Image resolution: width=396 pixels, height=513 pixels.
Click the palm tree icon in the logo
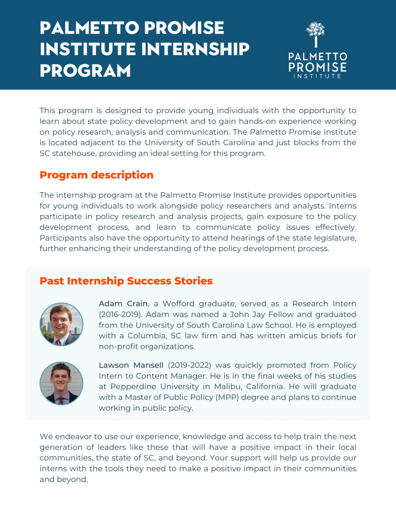pos(315,34)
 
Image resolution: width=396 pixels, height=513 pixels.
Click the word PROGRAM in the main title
pos(85,70)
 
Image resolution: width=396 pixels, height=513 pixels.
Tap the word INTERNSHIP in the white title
pos(196,49)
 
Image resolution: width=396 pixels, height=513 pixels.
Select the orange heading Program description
pos(97,175)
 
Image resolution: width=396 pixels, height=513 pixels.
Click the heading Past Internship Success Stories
pos(126,281)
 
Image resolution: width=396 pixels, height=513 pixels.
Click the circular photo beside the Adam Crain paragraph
pos(61,324)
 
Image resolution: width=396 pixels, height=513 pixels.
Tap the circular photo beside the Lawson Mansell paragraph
pos(61,383)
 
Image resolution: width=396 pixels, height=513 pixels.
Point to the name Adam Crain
pos(123,304)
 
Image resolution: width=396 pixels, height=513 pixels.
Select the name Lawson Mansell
pos(131,365)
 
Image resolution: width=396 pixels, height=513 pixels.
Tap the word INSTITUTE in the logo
pos(317,76)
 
